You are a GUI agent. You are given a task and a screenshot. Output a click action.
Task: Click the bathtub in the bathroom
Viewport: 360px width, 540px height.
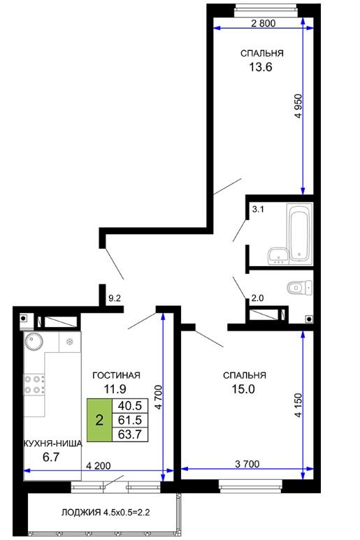(x=299, y=233)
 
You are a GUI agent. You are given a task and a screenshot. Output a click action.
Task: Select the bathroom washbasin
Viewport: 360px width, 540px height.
(x=278, y=256)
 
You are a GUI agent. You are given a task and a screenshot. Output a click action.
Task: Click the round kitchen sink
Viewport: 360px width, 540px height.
(x=34, y=342)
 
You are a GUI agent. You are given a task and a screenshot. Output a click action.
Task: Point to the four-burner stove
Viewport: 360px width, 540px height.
(x=34, y=385)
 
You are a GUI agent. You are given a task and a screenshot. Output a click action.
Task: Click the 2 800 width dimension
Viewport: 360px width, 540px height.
(x=264, y=24)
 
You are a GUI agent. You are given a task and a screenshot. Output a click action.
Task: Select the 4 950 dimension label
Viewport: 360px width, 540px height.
(x=298, y=106)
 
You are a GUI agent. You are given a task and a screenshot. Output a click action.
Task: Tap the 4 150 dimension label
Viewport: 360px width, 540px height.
(x=298, y=405)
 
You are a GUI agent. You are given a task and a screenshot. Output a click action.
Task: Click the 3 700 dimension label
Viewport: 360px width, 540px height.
(x=247, y=464)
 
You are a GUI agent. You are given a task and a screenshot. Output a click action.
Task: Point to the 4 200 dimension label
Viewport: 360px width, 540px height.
(x=99, y=466)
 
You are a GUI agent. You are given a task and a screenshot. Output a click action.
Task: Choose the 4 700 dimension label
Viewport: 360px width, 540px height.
(x=159, y=397)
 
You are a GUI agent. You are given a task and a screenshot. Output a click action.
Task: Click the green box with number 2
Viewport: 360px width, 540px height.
(x=99, y=420)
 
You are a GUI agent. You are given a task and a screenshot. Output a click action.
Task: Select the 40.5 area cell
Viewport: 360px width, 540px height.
(x=130, y=406)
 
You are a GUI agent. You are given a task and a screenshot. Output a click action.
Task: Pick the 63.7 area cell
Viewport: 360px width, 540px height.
(x=130, y=435)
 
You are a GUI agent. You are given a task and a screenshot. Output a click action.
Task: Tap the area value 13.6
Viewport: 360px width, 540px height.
(x=261, y=67)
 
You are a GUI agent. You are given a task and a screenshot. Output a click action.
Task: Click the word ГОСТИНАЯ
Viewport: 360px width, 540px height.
(x=117, y=375)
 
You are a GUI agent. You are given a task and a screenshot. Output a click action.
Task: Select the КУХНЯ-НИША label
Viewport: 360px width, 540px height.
(x=52, y=444)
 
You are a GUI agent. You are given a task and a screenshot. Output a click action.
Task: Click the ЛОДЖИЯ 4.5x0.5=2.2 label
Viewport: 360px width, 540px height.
(x=106, y=512)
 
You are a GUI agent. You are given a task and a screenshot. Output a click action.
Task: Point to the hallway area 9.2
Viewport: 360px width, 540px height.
(x=115, y=298)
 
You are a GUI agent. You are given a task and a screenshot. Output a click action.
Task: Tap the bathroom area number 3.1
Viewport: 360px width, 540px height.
(x=258, y=209)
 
